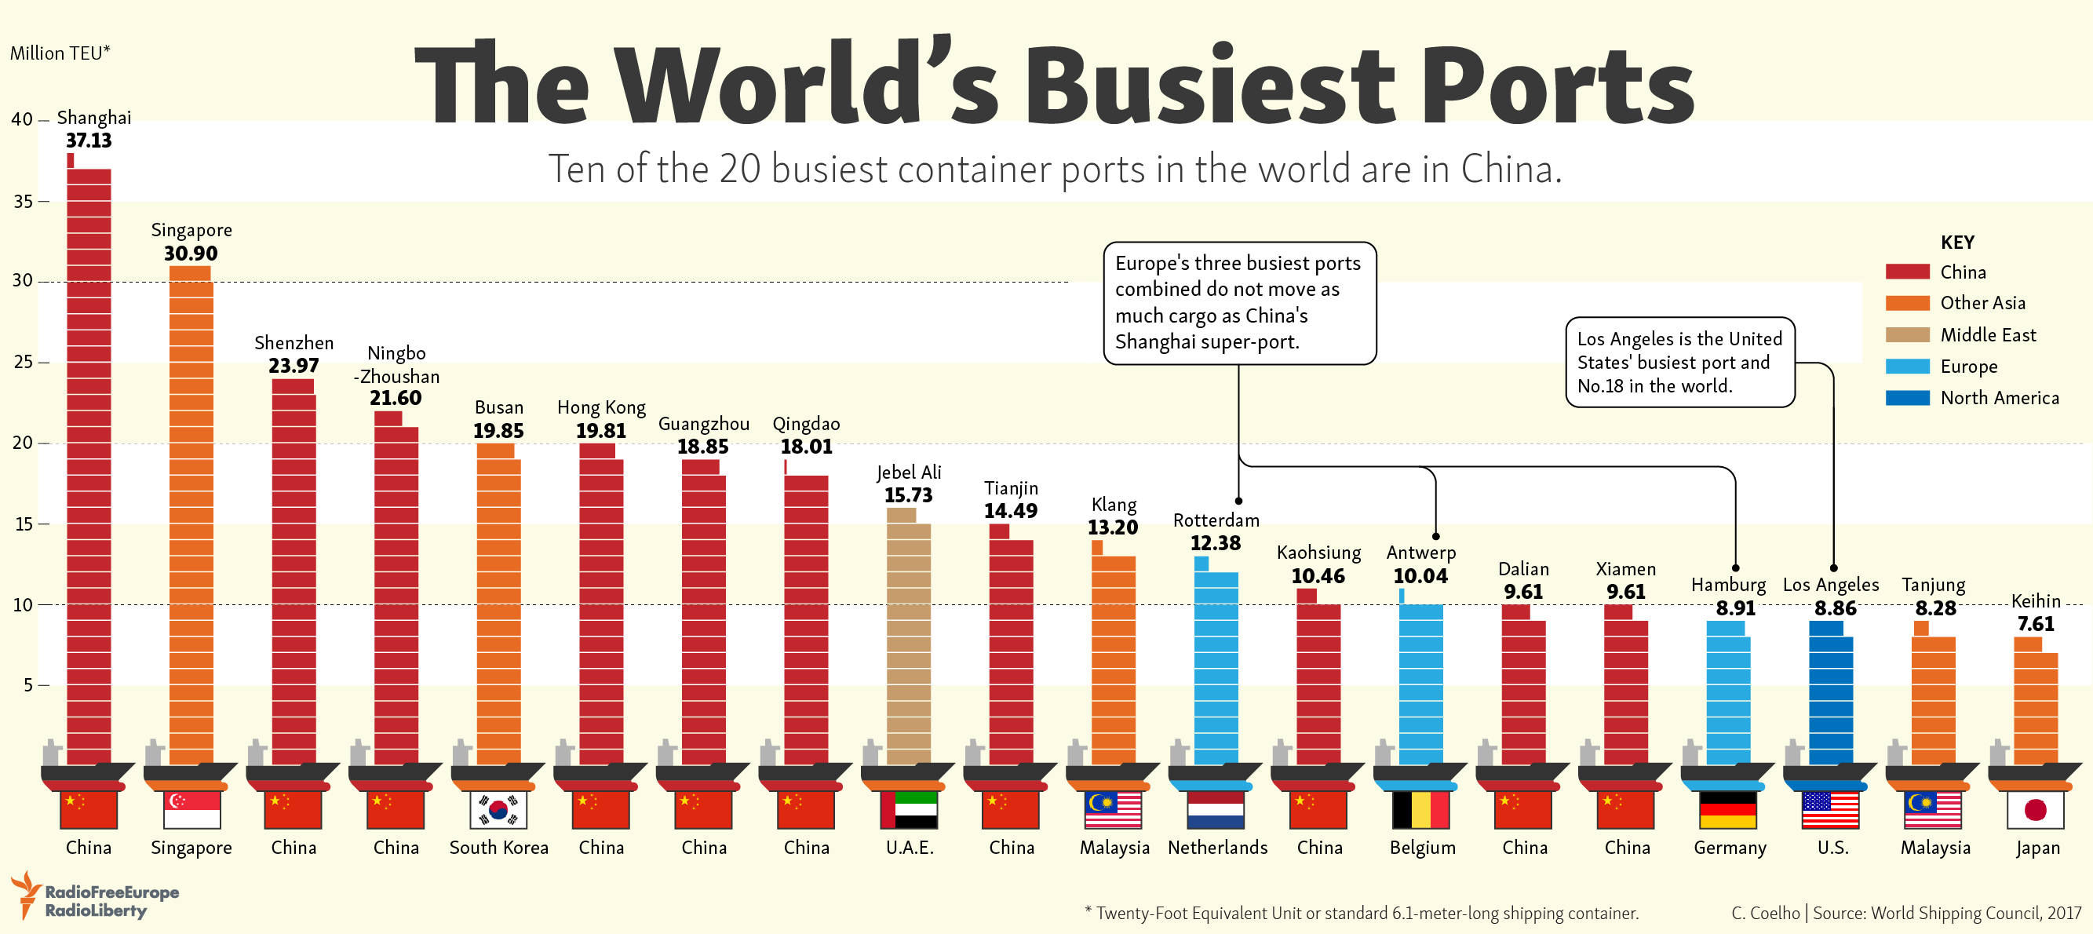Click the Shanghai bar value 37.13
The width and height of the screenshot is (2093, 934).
pyautogui.click(x=89, y=140)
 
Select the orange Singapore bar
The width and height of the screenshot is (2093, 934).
pyautogui.click(x=191, y=520)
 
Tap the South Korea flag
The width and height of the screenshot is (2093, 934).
pyautogui.click(x=498, y=810)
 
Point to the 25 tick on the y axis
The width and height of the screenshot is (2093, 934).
pyautogui.click(x=24, y=362)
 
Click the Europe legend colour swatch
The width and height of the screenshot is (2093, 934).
pyautogui.click(x=1906, y=367)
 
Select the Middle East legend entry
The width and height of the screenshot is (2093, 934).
pyautogui.click(x=1986, y=335)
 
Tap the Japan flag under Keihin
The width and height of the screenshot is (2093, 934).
pyautogui.click(x=2034, y=810)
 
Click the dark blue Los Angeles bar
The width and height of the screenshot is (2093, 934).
pyautogui.click(x=1831, y=699)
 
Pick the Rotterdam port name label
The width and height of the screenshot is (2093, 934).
pyautogui.click(x=1216, y=520)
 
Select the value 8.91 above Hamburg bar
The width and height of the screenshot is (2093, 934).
pyautogui.click(x=1734, y=608)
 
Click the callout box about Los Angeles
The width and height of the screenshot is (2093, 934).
pyautogui.click(x=1679, y=363)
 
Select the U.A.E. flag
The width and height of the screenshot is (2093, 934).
pyautogui.click(x=908, y=810)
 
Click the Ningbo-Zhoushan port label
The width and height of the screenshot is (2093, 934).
pyautogui.click(x=396, y=365)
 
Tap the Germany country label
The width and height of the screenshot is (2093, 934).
pyautogui.click(x=1730, y=848)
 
